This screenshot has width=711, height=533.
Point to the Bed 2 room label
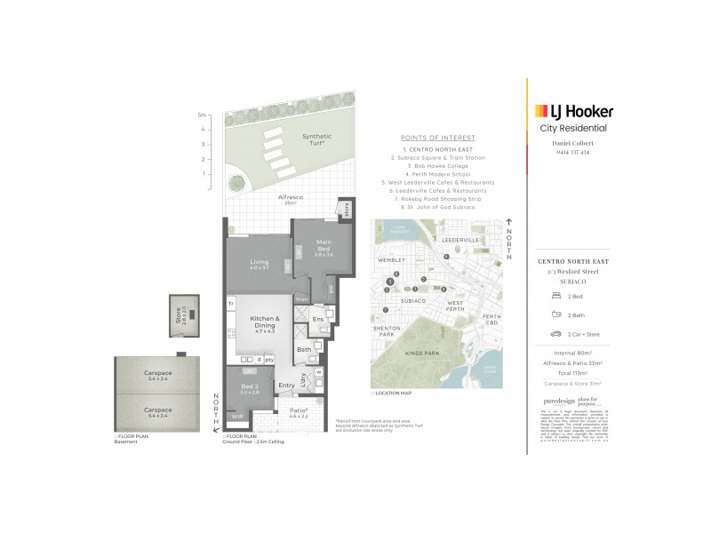coord(249,391)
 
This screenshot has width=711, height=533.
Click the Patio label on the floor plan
coord(299,411)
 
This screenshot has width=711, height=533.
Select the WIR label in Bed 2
coord(238,416)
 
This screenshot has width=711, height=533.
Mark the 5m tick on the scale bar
coord(202,115)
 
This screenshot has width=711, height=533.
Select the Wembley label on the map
coord(390,261)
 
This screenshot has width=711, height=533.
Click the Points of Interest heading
coord(439,139)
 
